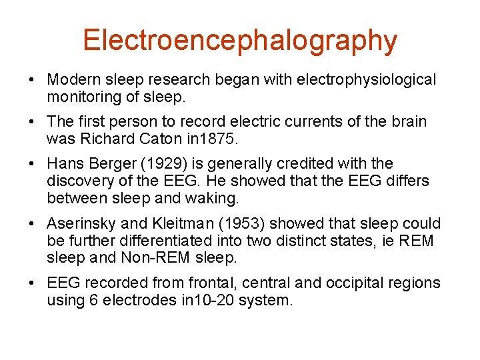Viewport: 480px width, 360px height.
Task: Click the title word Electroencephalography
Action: click(240, 41)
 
